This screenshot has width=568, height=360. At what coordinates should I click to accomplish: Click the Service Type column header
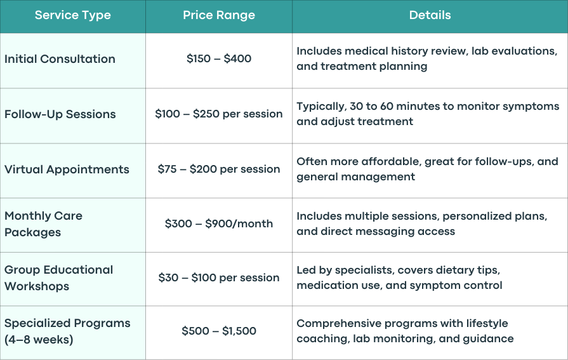tap(73, 15)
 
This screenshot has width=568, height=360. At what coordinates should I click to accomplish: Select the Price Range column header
tap(219, 15)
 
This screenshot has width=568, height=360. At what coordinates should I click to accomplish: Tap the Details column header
tap(430, 15)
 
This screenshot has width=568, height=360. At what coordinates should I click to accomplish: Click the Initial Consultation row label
tap(60, 59)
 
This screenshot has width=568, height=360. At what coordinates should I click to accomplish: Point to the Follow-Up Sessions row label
tap(60, 114)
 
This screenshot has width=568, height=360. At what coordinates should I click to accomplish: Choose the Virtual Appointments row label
tap(67, 170)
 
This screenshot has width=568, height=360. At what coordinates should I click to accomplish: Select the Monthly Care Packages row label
tap(43, 223)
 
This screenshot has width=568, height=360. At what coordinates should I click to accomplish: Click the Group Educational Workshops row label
tap(58, 277)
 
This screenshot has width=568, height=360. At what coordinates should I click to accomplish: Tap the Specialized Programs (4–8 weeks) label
tap(67, 331)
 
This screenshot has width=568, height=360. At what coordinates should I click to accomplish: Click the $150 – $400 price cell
tap(219, 59)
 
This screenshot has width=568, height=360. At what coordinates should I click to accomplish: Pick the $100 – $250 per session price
tap(219, 114)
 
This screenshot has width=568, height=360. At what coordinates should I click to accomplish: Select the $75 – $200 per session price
tap(219, 169)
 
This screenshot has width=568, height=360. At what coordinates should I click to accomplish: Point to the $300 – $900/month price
tap(219, 223)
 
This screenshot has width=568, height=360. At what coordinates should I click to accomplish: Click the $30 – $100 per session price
tap(219, 277)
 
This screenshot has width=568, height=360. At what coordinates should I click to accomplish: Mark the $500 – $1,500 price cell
tap(219, 331)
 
